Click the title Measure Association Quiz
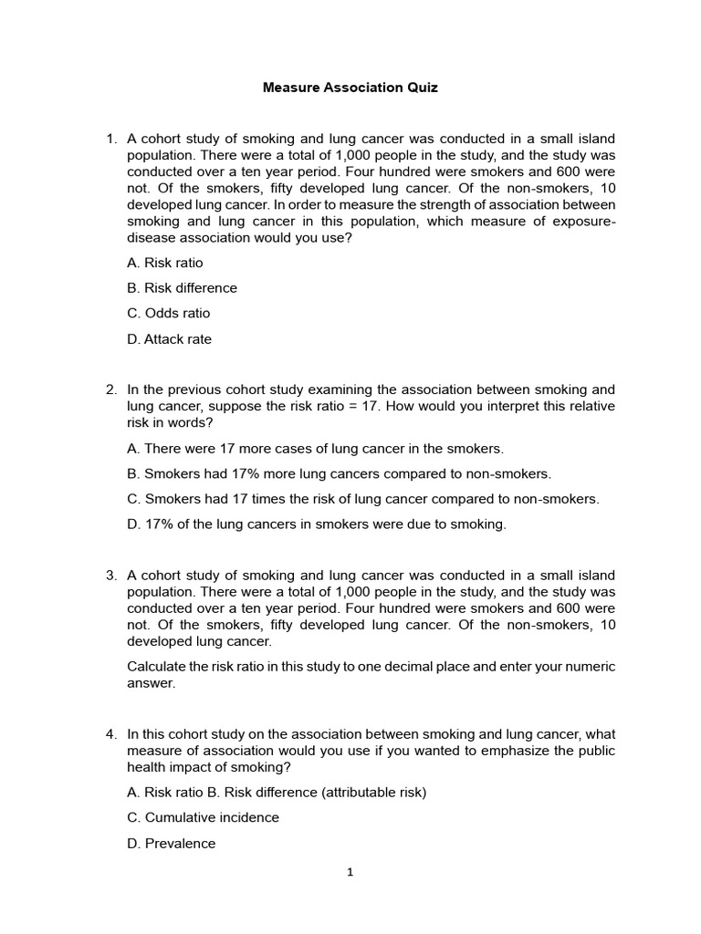click(x=350, y=88)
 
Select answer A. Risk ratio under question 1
click(x=165, y=263)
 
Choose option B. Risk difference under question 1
click(x=182, y=288)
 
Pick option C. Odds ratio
click(x=169, y=314)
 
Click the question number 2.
click(x=110, y=389)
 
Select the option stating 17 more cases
click(x=315, y=449)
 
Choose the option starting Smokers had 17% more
click(x=339, y=474)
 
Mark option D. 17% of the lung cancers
click(x=316, y=524)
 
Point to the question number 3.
click(x=110, y=576)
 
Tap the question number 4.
click(x=110, y=733)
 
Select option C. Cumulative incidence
click(x=203, y=818)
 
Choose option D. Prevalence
click(x=172, y=844)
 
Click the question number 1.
click(x=110, y=139)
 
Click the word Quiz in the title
click(x=423, y=88)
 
